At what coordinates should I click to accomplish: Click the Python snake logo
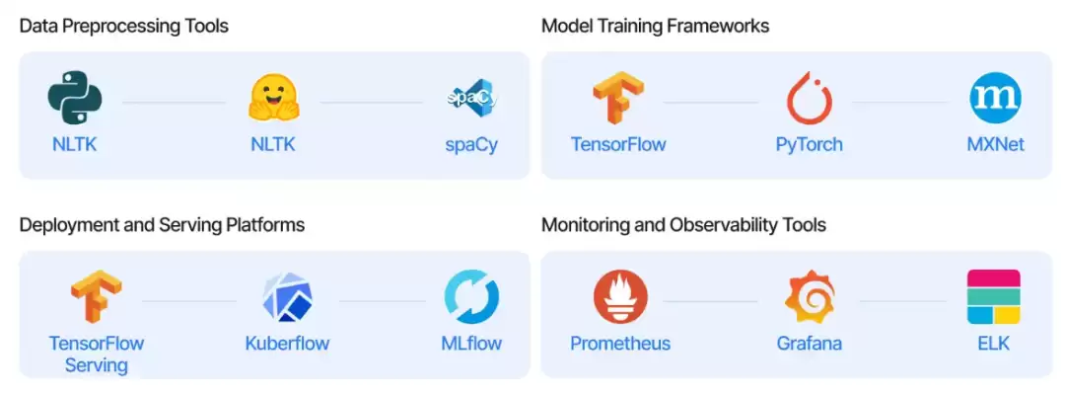[74, 98]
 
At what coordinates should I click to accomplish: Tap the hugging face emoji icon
[274, 98]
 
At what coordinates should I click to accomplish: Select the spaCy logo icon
[472, 99]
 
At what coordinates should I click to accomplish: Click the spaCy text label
[472, 145]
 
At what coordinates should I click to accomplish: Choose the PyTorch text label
[809, 145]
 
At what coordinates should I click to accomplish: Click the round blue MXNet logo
[995, 98]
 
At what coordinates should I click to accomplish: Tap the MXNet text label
[996, 144]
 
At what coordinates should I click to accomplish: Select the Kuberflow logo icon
[287, 296]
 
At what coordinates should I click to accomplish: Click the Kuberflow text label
[287, 343]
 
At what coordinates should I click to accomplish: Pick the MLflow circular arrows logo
[471, 296]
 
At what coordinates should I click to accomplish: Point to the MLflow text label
[471, 343]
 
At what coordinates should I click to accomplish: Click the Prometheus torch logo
[620, 296]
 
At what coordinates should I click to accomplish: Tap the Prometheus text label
[620, 343]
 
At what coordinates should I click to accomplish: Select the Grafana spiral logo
[809, 296]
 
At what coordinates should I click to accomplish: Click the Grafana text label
[809, 343]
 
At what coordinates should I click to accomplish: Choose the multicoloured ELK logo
[994, 296]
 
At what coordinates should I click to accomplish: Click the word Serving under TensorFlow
[97, 364]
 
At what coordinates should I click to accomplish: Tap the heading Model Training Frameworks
[655, 26]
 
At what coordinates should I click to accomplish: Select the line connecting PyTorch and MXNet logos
[900, 103]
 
